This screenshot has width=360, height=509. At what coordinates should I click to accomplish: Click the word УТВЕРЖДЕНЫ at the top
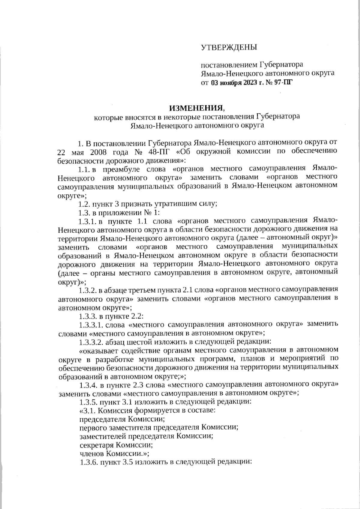tap(229, 47)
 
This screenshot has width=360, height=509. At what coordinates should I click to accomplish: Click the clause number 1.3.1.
tap(87, 221)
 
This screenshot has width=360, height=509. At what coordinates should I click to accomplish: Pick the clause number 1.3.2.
tap(87, 290)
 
